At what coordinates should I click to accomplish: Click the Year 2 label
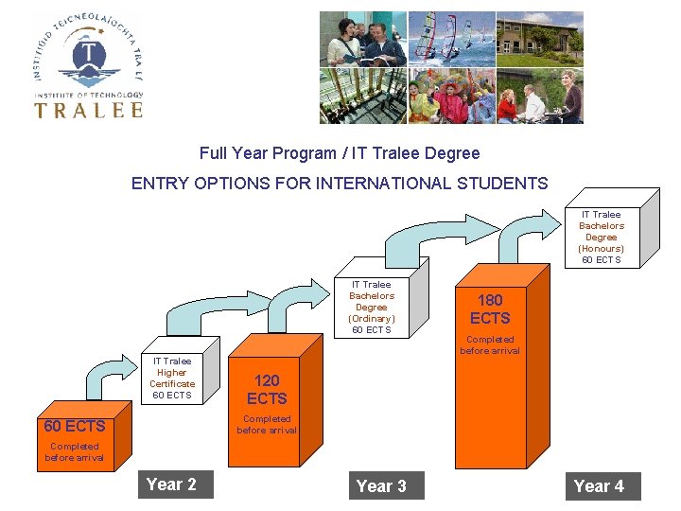(171, 485)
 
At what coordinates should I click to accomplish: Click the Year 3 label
(381, 486)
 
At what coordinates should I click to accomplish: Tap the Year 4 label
(599, 486)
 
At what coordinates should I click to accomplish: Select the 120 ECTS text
(267, 389)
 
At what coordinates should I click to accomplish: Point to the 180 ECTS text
(490, 309)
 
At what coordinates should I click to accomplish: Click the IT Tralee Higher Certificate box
(172, 378)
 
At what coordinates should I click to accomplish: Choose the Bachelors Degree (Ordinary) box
(371, 307)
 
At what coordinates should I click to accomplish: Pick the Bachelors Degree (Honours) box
(601, 237)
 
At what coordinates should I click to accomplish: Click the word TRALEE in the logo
(89, 109)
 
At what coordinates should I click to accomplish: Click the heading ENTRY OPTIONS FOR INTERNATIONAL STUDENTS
(340, 184)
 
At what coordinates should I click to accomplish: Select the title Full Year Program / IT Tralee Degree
(340, 153)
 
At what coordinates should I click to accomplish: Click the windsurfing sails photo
(450, 38)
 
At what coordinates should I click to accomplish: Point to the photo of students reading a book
(362, 39)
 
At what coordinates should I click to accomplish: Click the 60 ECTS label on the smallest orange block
(75, 426)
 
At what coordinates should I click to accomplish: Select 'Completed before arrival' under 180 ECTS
(490, 344)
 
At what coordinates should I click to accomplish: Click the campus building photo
(539, 38)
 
